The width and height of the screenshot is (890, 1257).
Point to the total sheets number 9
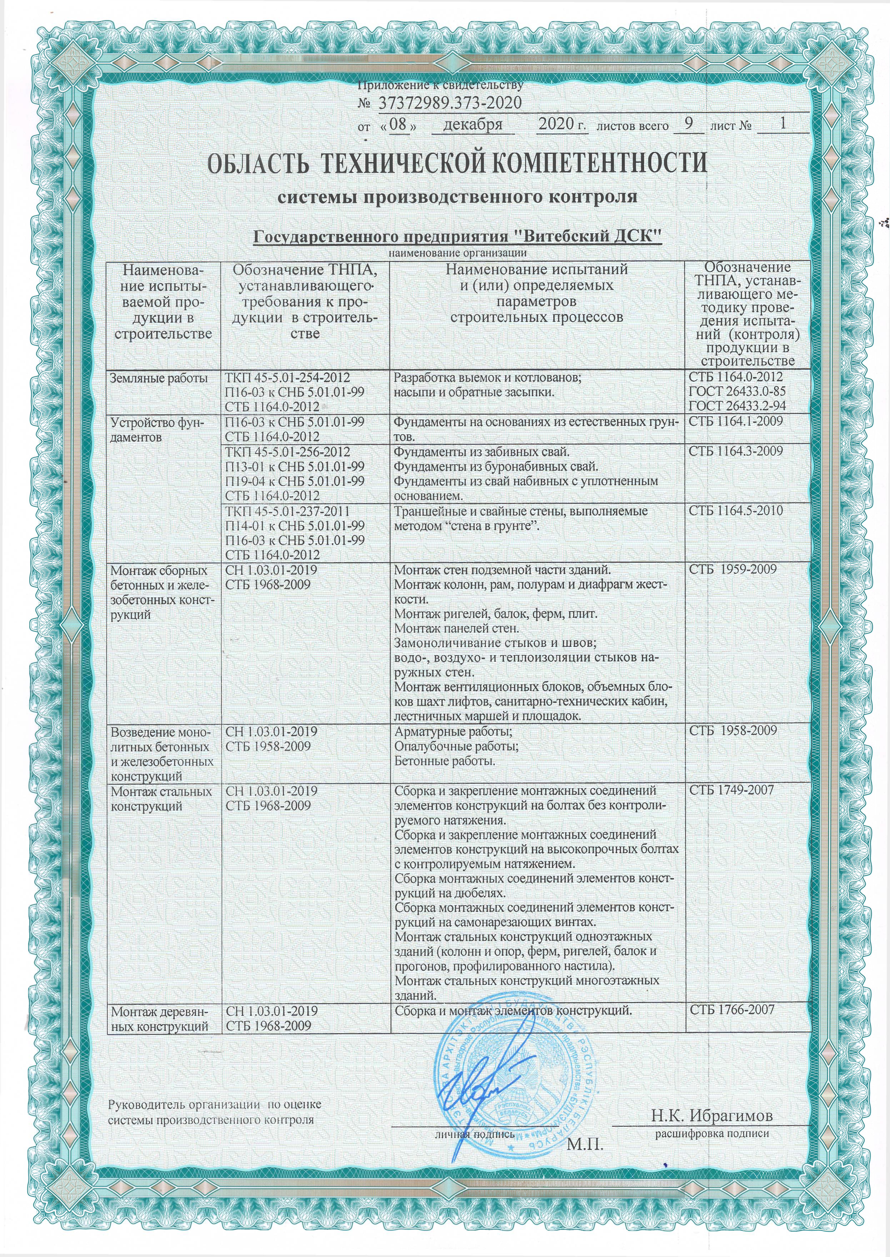tap(688, 124)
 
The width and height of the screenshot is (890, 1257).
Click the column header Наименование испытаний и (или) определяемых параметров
tap(536, 293)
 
